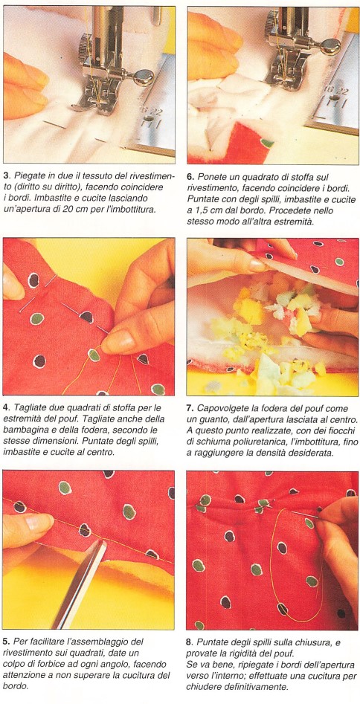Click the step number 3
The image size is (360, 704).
(x=6, y=176)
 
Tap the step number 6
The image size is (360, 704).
(x=190, y=176)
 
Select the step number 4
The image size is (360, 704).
(x=6, y=408)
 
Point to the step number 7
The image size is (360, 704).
(x=190, y=409)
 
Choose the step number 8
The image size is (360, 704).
(x=189, y=642)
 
